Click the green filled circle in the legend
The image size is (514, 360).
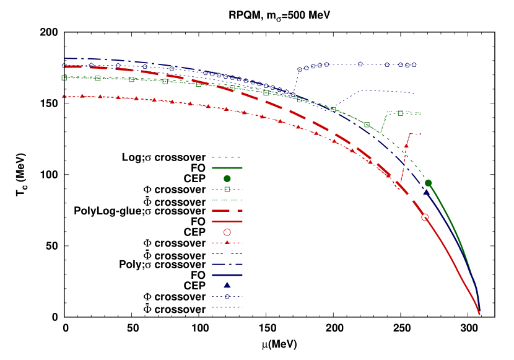[x=227, y=178]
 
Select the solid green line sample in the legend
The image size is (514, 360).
[x=227, y=168]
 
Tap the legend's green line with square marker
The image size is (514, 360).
[x=227, y=189]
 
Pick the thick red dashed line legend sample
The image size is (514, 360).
[x=227, y=211]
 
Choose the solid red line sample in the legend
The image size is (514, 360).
[x=227, y=221]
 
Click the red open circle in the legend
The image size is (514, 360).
[x=227, y=232]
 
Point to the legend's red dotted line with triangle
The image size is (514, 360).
[x=227, y=243]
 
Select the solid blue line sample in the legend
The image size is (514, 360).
[x=227, y=274]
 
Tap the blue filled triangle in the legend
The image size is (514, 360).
[x=227, y=286]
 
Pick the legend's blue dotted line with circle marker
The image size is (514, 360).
[x=227, y=296]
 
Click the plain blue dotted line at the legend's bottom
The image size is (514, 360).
[x=227, y=307]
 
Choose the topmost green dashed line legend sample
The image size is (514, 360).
[x=227, y=157]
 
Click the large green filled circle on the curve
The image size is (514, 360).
[x=428, y=183]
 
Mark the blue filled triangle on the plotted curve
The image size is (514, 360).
[x=426, y=193]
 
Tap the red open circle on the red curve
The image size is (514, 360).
[x=425, y=217]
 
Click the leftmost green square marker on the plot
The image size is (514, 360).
[x=64, y=78]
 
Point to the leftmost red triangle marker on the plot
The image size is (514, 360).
[x=64, y=96]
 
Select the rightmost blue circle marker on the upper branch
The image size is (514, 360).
[x=414, y=64]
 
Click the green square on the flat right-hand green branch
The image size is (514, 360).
[x=400, y=113]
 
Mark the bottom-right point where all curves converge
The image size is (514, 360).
[x=479, y=314]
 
